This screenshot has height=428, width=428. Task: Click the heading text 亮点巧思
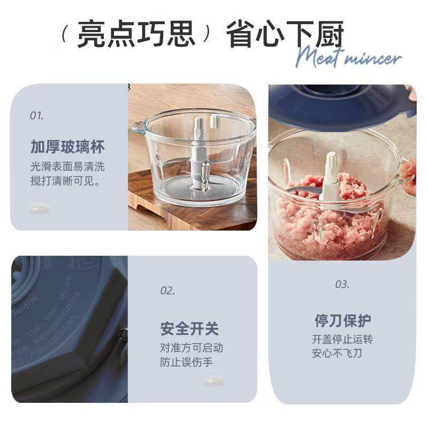136,35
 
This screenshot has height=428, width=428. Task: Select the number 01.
36,115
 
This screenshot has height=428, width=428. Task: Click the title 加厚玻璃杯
67,147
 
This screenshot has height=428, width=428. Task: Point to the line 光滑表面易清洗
67,166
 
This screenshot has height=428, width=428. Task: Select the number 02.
167,291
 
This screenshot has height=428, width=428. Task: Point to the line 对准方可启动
192,348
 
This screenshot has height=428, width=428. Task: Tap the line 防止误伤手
186,362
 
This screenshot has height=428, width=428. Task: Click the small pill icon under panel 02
213,380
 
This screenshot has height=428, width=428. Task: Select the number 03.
342,285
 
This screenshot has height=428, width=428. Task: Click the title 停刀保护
342,321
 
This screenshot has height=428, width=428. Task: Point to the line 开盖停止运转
342,340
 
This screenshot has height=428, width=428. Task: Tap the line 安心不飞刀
337,354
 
